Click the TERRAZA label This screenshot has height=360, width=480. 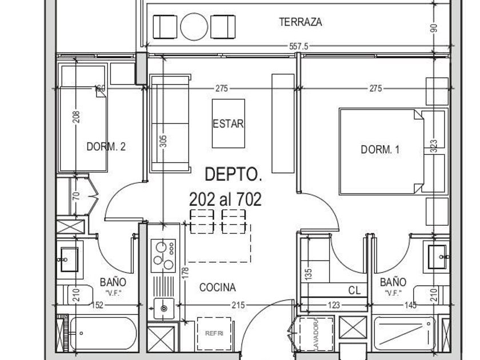tap(301, 22)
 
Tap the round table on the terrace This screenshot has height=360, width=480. tap(194, 26)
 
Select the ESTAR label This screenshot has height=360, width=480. tap(229, 124)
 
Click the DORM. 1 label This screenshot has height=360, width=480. tap(380, 150)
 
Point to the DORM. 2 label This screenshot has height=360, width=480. tap(106, 147)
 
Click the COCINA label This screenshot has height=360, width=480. tap(217, 288)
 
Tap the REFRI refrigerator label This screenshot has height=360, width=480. tap(214, 333)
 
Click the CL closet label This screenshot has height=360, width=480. tap(354, 291)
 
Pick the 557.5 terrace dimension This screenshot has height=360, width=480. tap(298, 47)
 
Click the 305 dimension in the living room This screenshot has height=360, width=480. tap(163, 141)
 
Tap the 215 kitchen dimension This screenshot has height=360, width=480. tap(237, 306)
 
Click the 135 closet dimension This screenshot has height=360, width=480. tap(308, 274)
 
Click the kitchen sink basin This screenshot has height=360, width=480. tap(164, 309)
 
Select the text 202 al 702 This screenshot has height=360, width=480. tap(225, 199)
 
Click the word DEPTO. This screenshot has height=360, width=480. tap(233, 174)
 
